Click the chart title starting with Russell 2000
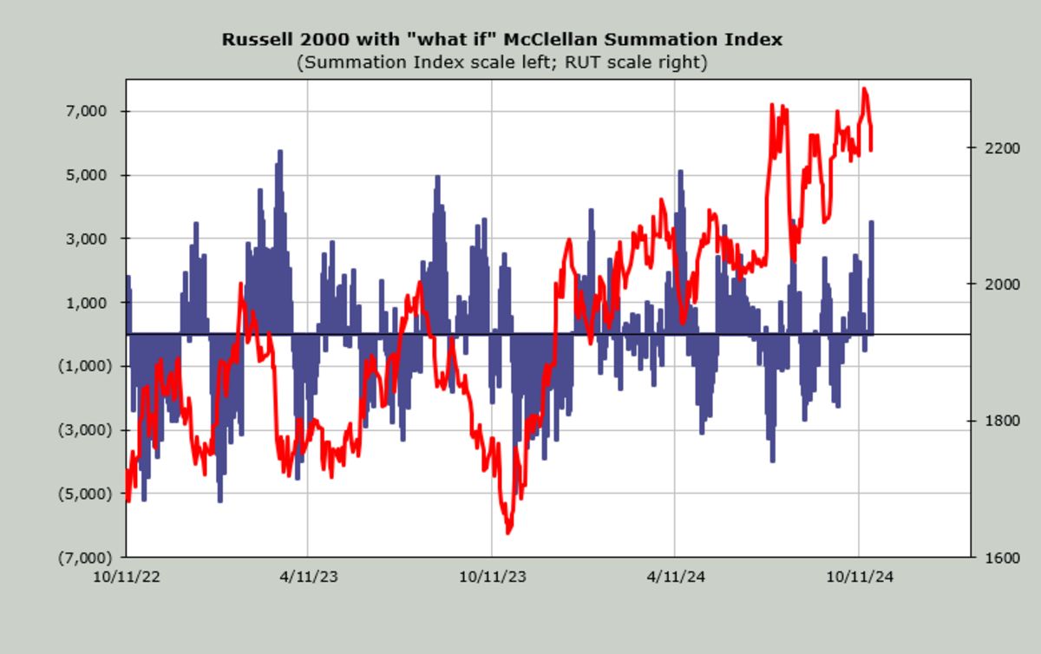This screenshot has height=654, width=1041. [502, 40]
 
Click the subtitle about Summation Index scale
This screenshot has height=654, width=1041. [502, 62]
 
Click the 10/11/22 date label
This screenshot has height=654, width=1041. [127, 575]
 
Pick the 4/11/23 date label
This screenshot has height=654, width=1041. [308, 575]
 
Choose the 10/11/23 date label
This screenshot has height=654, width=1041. [492, 575]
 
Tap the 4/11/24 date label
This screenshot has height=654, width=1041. [675, 575]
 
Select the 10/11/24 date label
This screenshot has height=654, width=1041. [859, 575]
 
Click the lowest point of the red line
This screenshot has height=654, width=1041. [509, 532]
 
